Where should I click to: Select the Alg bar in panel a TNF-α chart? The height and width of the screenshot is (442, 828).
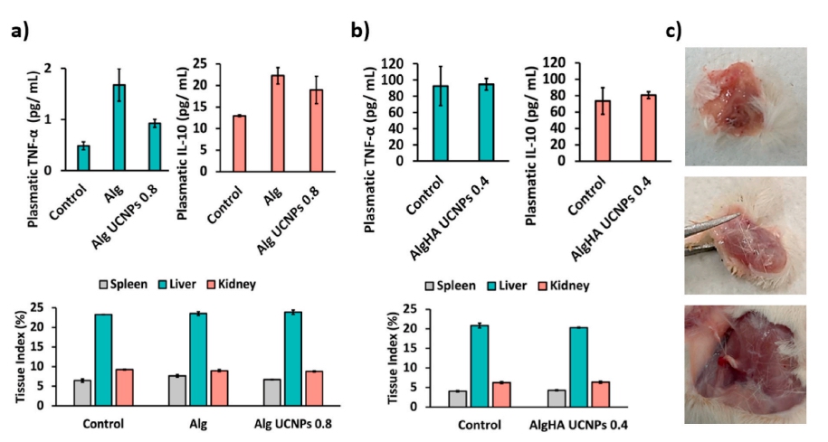coord(119,127)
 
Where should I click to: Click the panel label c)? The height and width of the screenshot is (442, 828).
coord(673,30)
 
